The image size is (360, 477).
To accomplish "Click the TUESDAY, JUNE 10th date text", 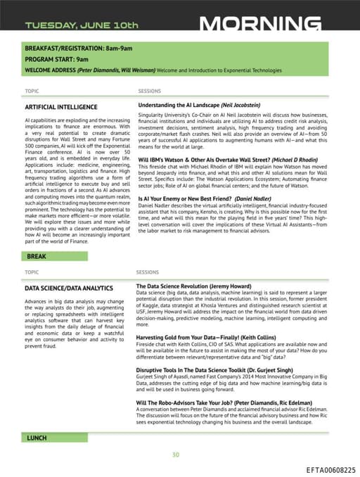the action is coord(82,25).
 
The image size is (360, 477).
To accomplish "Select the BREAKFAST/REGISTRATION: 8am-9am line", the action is coord(79,48).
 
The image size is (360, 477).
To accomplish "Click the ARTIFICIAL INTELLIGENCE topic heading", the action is coord(61,108).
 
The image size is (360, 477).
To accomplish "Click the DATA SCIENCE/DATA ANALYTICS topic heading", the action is coord(68,288).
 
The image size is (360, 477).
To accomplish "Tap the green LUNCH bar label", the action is coord(37,438).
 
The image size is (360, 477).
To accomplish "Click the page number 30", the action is coord(176,454).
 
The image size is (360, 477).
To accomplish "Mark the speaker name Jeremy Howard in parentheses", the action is coord(238,286).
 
